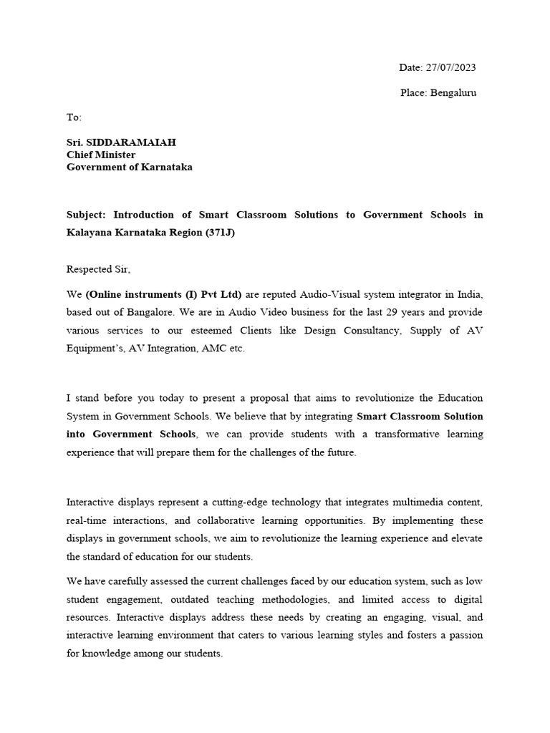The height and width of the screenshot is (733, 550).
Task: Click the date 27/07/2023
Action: pos(450,67)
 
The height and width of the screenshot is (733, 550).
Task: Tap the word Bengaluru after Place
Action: pos(453,92)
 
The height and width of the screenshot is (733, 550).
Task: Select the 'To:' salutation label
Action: pos(74,117)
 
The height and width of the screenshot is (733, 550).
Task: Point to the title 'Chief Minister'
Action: pos(101,155)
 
